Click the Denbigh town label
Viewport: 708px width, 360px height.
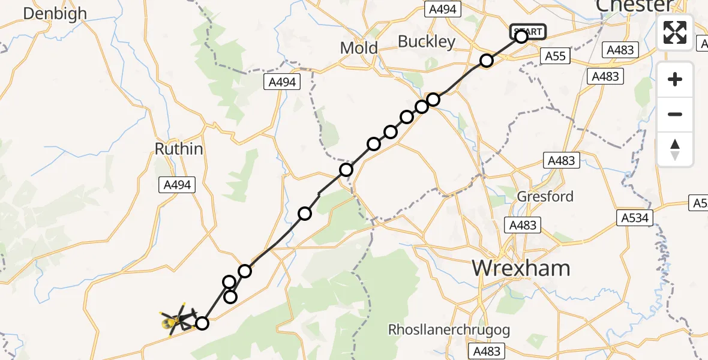coord(55,13)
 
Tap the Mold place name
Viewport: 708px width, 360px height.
coord(359,48)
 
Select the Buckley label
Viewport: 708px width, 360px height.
coord(427,42)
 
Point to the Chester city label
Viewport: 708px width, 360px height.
coord(635,6)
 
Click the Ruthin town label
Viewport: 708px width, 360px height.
coord(179,149)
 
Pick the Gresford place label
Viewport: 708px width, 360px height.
coord(545,196)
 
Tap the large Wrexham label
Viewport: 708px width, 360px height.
coord(521,268)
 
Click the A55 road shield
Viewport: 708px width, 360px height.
coord(555,56)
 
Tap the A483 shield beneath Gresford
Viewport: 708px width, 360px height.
coord(523,225)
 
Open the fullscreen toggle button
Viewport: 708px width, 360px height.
coord(675,32)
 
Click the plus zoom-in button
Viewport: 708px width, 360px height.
coord(675,79)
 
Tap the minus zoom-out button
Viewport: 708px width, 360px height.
coord(675,114)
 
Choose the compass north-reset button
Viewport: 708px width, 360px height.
coord(675,149)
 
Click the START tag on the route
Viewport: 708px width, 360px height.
coord(527,31)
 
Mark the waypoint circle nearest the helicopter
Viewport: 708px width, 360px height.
coord(202,323)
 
